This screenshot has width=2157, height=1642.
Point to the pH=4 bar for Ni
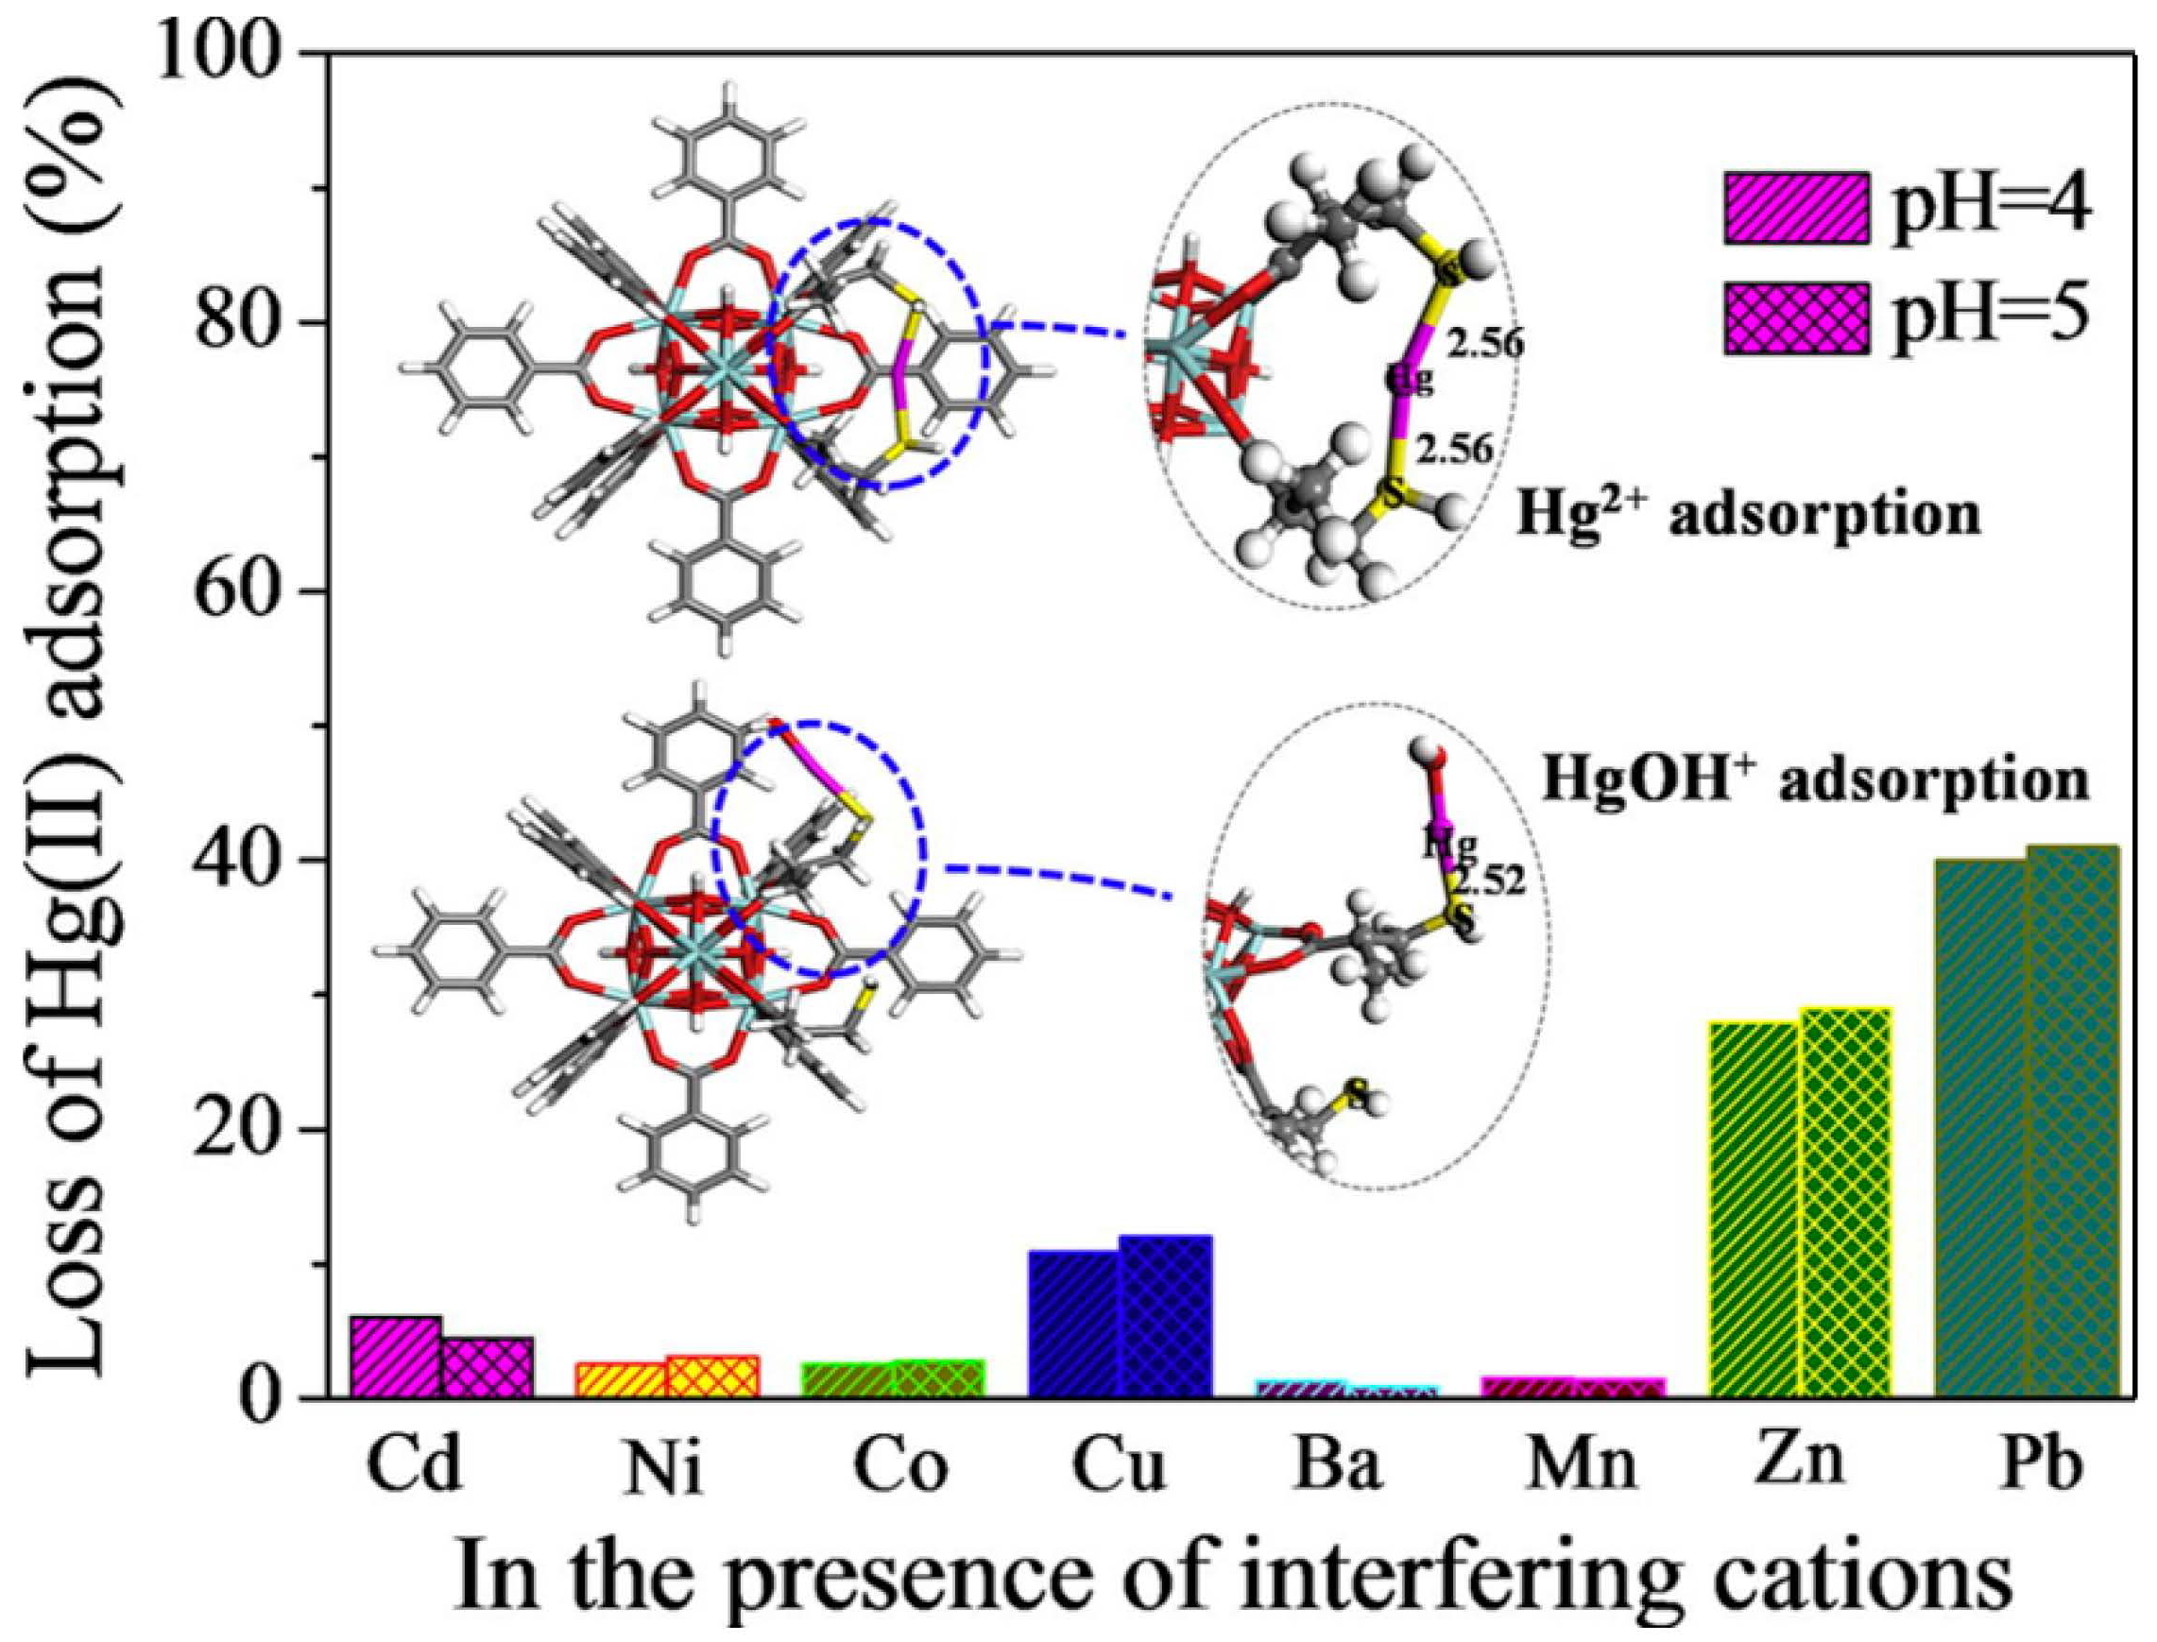(x=622, y=1379)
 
